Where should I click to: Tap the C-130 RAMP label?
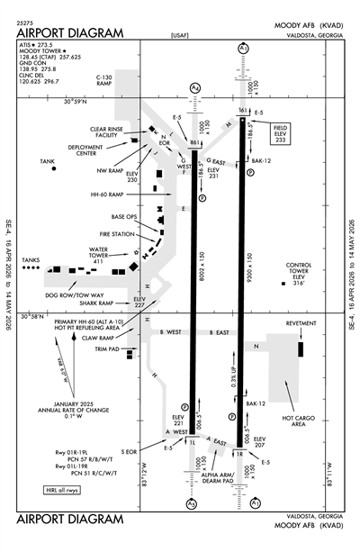tap(108, 82)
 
